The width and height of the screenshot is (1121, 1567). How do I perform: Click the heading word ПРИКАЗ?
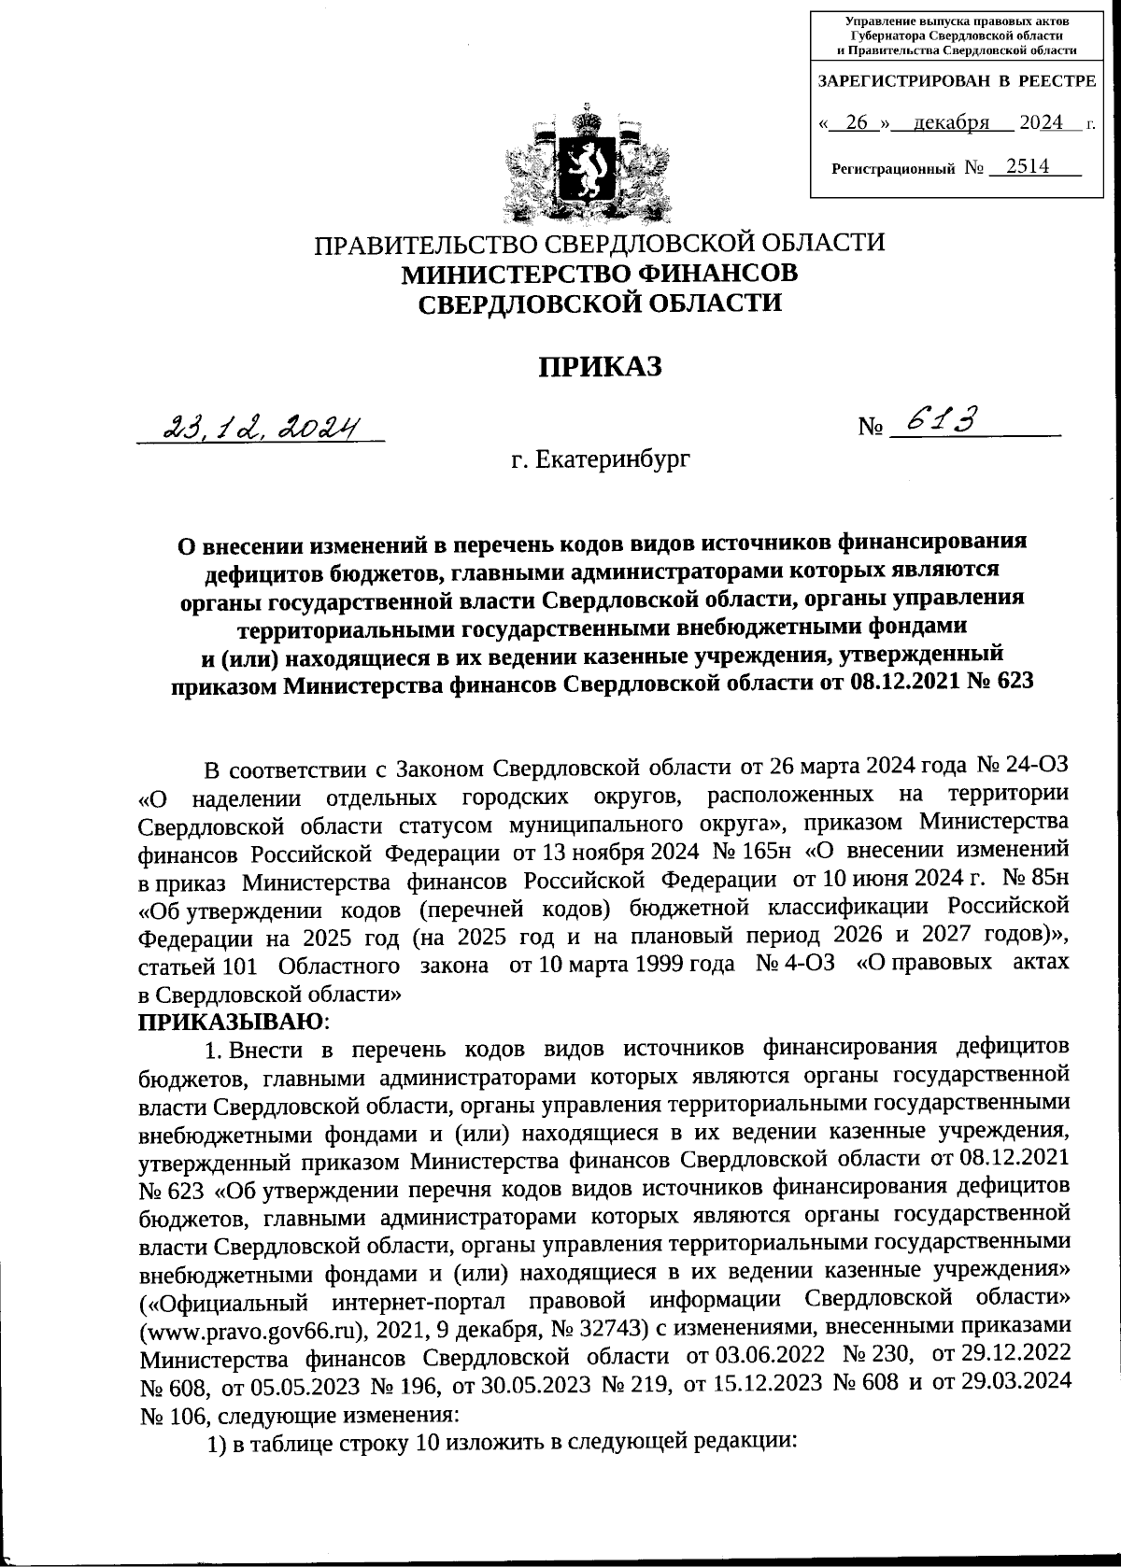click(599, 368)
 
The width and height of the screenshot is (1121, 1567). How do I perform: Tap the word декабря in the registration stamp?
click(950, 123)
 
